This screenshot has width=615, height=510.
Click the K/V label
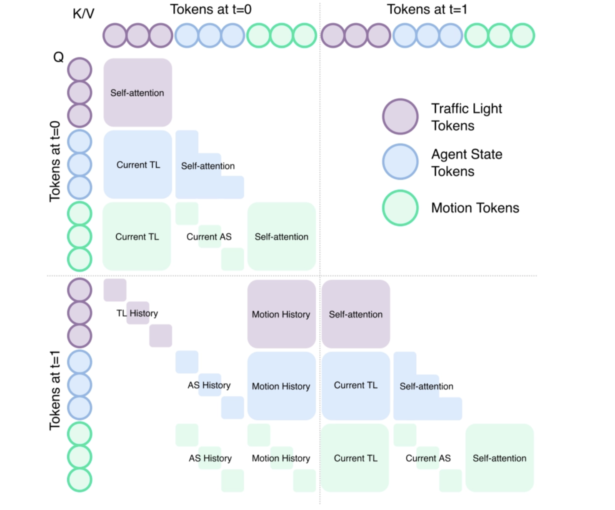pos(83,14)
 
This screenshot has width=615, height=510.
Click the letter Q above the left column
pos(59,57)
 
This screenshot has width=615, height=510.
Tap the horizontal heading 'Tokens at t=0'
pos(210,9)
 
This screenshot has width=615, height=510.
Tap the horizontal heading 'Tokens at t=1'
pos(427,9)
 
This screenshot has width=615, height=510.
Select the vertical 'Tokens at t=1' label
pos(55,390)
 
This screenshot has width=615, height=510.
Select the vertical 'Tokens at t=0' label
pos(55,161)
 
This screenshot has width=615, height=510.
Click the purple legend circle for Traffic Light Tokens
pos(400,117)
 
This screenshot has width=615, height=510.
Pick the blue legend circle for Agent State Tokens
pos(400,162)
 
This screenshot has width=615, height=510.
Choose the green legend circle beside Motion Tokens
pos(400,208)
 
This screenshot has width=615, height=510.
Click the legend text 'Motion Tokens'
pos(475,208)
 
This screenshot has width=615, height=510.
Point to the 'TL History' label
pos(137,313)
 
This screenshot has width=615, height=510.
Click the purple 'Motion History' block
pos(281,314)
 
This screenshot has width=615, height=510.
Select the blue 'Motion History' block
pos(281,386)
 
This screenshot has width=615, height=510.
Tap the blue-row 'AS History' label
pos(209,385)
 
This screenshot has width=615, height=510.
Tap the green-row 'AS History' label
pos(210,458)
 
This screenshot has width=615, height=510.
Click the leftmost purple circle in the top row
pos(115,35)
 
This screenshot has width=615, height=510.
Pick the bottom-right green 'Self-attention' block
pos(500,458)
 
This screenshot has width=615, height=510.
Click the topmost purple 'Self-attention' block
pos(137,92)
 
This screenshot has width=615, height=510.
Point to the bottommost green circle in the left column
pos(80,480)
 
